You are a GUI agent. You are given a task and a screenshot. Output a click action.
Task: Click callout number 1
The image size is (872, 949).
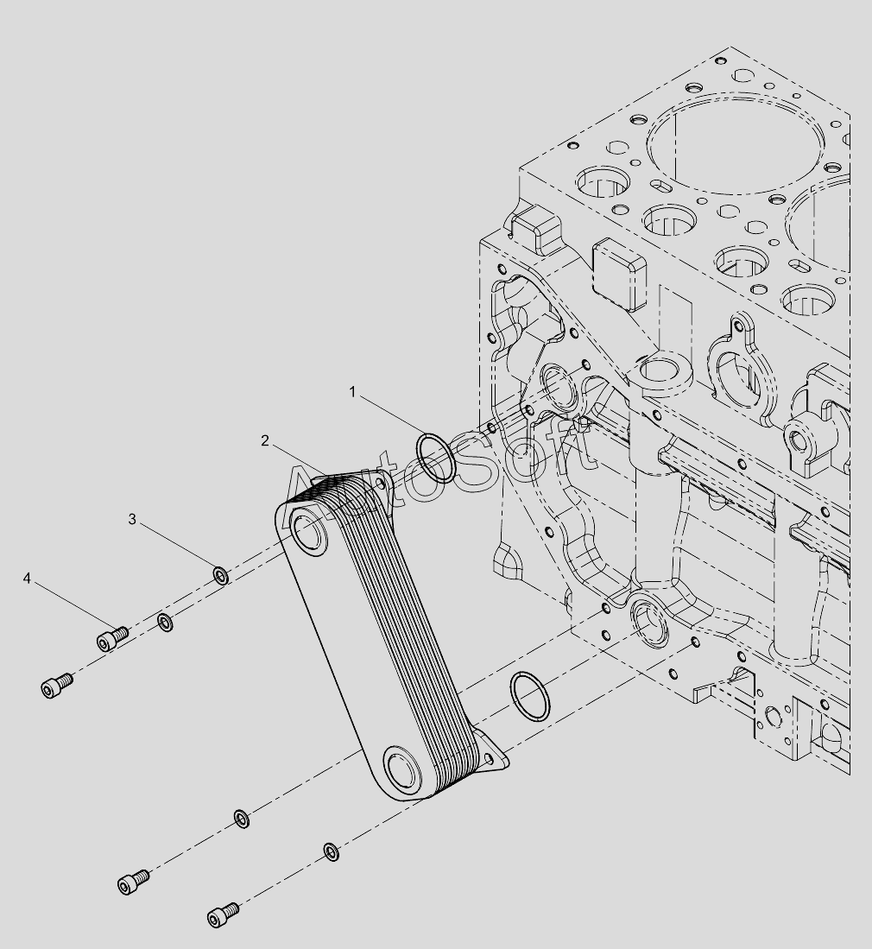352,392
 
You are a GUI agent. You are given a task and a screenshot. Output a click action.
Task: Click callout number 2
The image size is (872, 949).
264,440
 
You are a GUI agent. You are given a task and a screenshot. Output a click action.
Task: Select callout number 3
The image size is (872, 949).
132,519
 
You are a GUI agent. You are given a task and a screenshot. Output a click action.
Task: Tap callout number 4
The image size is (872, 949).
27,579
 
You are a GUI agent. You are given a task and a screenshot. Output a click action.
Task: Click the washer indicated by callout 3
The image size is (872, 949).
221,575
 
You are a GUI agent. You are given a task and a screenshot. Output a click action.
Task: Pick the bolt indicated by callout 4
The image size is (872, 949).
112,638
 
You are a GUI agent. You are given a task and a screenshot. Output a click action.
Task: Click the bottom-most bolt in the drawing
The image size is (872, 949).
223,914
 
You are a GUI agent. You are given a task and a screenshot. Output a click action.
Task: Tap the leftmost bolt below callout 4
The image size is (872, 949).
57,686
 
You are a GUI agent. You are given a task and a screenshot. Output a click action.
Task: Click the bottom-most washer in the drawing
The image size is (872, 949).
331,851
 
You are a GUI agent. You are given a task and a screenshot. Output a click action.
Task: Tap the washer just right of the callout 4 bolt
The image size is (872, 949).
165,622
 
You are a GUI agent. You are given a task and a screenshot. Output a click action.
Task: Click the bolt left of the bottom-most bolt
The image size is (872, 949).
133,881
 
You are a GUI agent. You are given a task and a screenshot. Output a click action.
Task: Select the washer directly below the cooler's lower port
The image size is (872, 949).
242,819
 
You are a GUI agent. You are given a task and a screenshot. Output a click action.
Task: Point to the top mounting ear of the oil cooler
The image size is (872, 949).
376,481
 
